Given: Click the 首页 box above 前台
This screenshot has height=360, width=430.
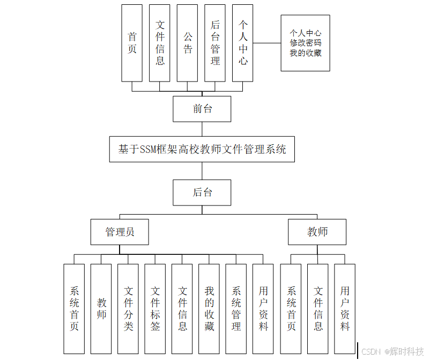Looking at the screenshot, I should coord(132,43).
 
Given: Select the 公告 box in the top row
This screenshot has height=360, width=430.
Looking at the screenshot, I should coord(187,43).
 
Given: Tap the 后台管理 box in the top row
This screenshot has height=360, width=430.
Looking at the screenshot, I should coord(215,43).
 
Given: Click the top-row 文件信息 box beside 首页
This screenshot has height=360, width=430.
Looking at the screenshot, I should coord(160,43).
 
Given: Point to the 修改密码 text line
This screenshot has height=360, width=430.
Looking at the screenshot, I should coord(306,43).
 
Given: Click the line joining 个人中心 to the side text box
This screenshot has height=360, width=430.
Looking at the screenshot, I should coord(266,43).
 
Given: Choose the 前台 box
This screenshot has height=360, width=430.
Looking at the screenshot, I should coord(202,109).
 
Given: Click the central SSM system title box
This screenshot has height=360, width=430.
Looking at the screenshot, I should coord(202,149).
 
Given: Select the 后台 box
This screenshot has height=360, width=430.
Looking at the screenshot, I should coord(202,192).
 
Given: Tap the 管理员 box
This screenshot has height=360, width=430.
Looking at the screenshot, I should coord(120,232).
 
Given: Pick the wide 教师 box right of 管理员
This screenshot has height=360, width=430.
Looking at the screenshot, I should coord(317,232).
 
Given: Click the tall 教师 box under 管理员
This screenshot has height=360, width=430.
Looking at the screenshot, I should coord(101,308).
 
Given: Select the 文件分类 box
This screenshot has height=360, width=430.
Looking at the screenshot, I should coord(128,308).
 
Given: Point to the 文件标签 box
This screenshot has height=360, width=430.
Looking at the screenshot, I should coord(155,308).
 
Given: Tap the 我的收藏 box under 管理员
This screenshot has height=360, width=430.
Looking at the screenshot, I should coord(209,308).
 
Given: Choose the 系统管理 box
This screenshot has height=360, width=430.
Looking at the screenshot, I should coord(236,308).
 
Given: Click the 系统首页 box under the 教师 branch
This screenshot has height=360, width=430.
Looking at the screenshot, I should coord(291,308).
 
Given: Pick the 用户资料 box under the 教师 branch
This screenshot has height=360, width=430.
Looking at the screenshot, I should coord(345,308).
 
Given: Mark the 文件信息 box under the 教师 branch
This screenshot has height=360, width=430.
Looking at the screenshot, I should coord(318,308).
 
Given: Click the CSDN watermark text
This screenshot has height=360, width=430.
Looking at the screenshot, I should coord(371,351).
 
